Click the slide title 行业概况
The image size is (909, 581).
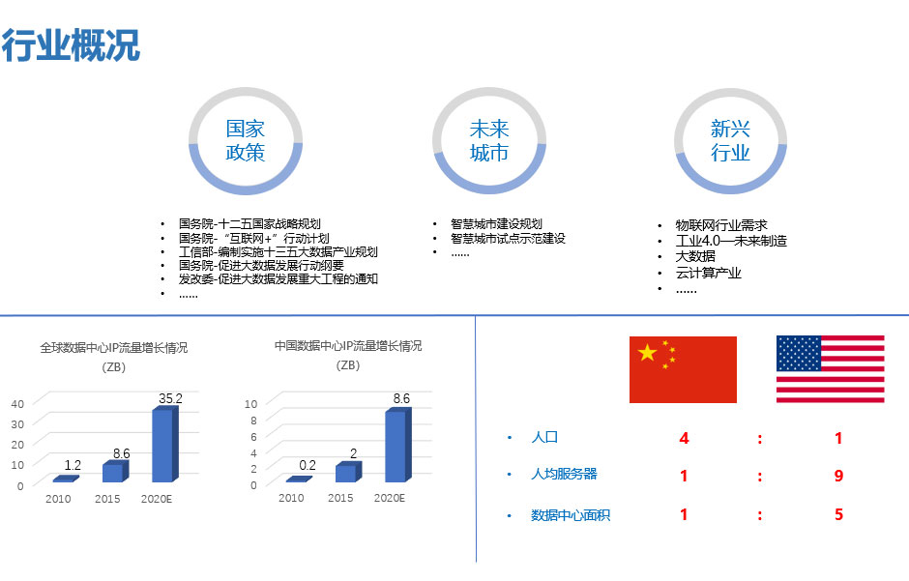point(71,45)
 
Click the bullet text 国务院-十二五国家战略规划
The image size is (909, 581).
point(249,223)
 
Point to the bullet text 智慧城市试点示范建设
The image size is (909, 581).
point(508,238)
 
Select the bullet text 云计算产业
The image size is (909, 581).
point(708,273)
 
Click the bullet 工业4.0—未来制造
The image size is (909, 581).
point(731,241)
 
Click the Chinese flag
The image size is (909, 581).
point(683,369)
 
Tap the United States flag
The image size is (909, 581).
point(830,369)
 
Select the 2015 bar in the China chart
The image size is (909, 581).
point(348,472)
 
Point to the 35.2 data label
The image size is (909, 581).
point(170,398)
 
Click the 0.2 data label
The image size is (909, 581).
point(308,465)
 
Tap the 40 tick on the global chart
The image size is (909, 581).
point(17,404)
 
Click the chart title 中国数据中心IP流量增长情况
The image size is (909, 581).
point(348,346)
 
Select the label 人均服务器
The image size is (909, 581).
point(564,474)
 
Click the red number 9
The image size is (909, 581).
point(838,476)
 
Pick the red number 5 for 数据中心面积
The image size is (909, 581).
point(838,514)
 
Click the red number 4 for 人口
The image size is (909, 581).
point(684,438)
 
